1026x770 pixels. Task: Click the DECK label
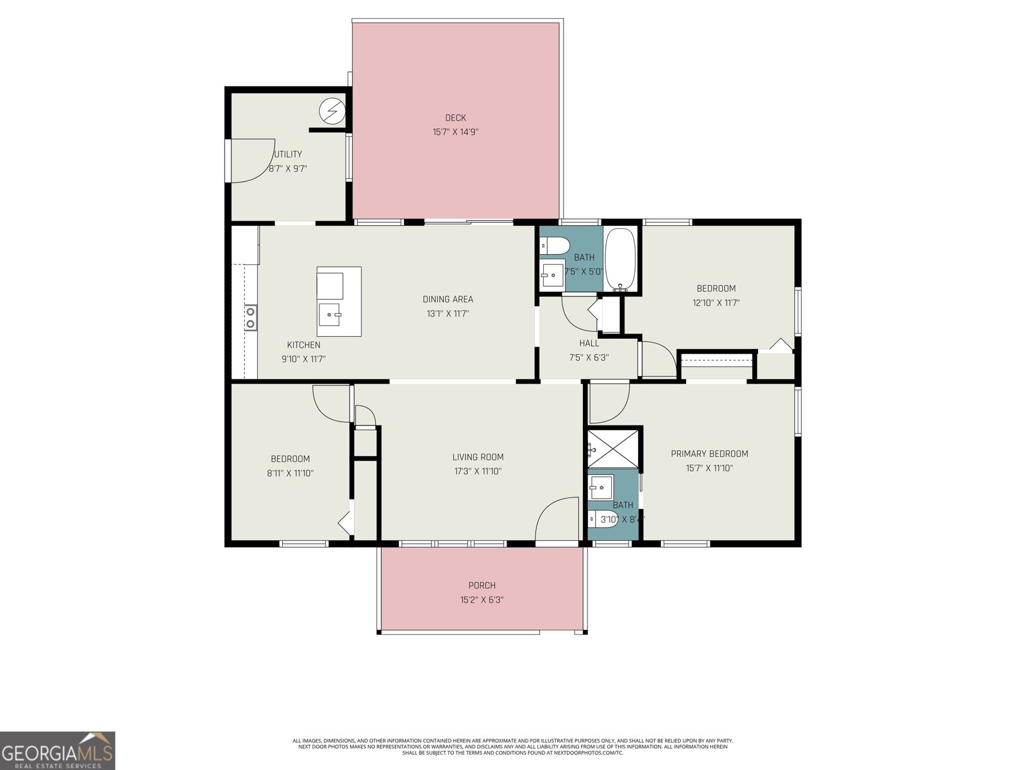[455, 118]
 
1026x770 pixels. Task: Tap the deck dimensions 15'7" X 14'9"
[455, 132]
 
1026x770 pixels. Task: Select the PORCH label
[482, 585]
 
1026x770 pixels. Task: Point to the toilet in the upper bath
[555, 245]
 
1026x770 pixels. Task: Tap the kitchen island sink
[332, 314]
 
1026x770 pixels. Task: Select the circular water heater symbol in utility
[332, 112]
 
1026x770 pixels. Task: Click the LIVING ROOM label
[478, 458]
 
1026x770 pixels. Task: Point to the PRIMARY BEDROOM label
[709, 454]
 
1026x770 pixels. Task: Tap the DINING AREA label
[448, 299]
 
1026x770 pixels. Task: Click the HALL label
[589, 343]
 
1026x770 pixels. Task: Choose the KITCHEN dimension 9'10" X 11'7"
[303, 359]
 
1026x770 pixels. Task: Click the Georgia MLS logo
[58, 751]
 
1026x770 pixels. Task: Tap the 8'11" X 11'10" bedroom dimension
[290, 473]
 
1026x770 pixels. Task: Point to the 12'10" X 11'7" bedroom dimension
[716, 303]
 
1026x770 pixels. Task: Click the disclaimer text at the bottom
[512, 746]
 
